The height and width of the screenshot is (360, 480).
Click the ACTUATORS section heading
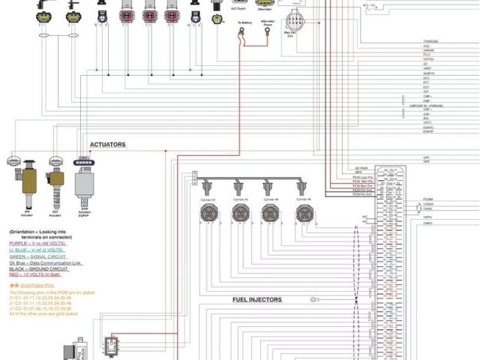point(108,144)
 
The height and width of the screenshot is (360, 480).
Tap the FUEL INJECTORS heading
point(256,299)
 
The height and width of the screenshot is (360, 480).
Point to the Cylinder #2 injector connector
point(208,213)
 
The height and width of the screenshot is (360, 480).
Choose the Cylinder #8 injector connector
point(304,213)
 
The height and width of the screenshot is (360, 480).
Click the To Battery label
point(245,22)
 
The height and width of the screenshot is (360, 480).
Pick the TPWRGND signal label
point(430,41)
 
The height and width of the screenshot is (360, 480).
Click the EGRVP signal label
point(429,132)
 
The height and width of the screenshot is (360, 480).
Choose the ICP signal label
point(426,91)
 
